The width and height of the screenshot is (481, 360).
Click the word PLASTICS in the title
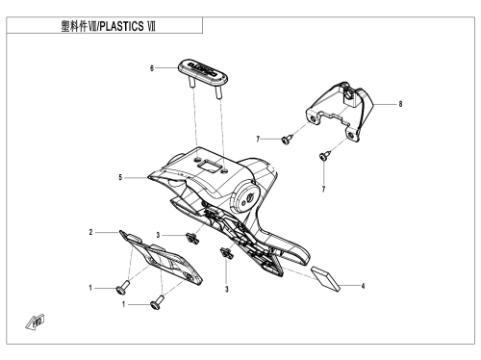pyautogui.click(x=121, y=26)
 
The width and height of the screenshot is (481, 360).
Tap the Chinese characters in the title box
pyautogui.click(x=74, y=26)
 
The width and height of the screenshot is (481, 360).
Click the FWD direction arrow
pyautogui.click(x=35, y=321)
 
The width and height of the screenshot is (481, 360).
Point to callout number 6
pyautogui.click(x=152, y=68)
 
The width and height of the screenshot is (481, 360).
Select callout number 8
pyautogui.click(x=400, y=104)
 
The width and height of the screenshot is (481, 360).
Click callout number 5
pyautogui.click(x=120, y=177)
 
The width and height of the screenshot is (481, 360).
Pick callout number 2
pyautogui.click(x=90, y=232)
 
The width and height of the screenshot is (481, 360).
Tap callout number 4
pyautogui.click(x=363, y=286)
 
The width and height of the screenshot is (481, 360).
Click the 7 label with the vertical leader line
pyautogui.click(x=323, y=190)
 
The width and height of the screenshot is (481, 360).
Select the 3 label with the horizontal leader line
pyautogui.click(x=158, y=235)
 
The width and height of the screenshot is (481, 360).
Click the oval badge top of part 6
pyautogui.click(x=203, y=71)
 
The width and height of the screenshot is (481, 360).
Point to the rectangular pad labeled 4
pyautogui.click(x=325, y=278)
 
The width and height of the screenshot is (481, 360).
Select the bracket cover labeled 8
pyautogui.click(x=340, y=111)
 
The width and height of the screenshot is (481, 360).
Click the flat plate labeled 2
pyautogui.click(x=161, y=258)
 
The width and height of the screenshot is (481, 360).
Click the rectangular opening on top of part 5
pyautogui.click(x=209, y=166)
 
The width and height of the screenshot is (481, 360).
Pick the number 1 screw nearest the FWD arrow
pyautogui.click(x=122, y=287)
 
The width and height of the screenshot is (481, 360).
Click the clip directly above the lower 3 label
pyautogui.click(x=226, y=253)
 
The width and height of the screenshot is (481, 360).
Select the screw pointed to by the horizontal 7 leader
pyautogui.click(x=287, y=140)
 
